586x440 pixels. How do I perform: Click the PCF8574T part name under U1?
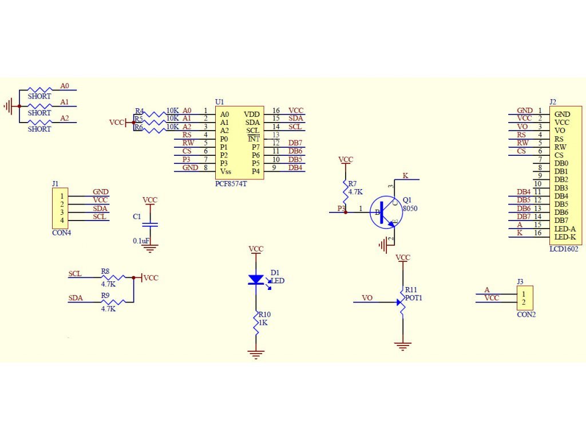point(231,184)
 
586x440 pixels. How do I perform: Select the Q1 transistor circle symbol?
point(386,213)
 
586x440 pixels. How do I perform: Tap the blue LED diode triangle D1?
point(256,280)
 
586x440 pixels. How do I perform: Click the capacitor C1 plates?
point(151,225)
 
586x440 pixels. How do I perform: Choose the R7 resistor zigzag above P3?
point(346,192)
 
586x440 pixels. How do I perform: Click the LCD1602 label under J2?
point(564,249)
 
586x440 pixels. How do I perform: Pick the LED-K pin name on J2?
point(565,237)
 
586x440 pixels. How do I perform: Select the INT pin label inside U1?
point(254,139)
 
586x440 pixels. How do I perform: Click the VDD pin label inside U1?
point(252,115)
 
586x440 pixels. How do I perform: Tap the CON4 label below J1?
point(62,233)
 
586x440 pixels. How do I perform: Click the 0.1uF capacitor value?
point(141,241)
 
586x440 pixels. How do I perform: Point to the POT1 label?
point(413,298)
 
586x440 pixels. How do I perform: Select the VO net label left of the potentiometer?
point(367,298)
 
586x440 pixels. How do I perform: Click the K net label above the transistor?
point(406,175)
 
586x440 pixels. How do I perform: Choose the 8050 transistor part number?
point(410,209)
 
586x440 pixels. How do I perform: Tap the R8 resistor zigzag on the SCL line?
point(113,277)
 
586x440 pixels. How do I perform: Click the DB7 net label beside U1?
point(295,143)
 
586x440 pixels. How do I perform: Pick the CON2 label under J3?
point(526,315)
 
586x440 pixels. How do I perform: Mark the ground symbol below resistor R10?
point(256,354)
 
